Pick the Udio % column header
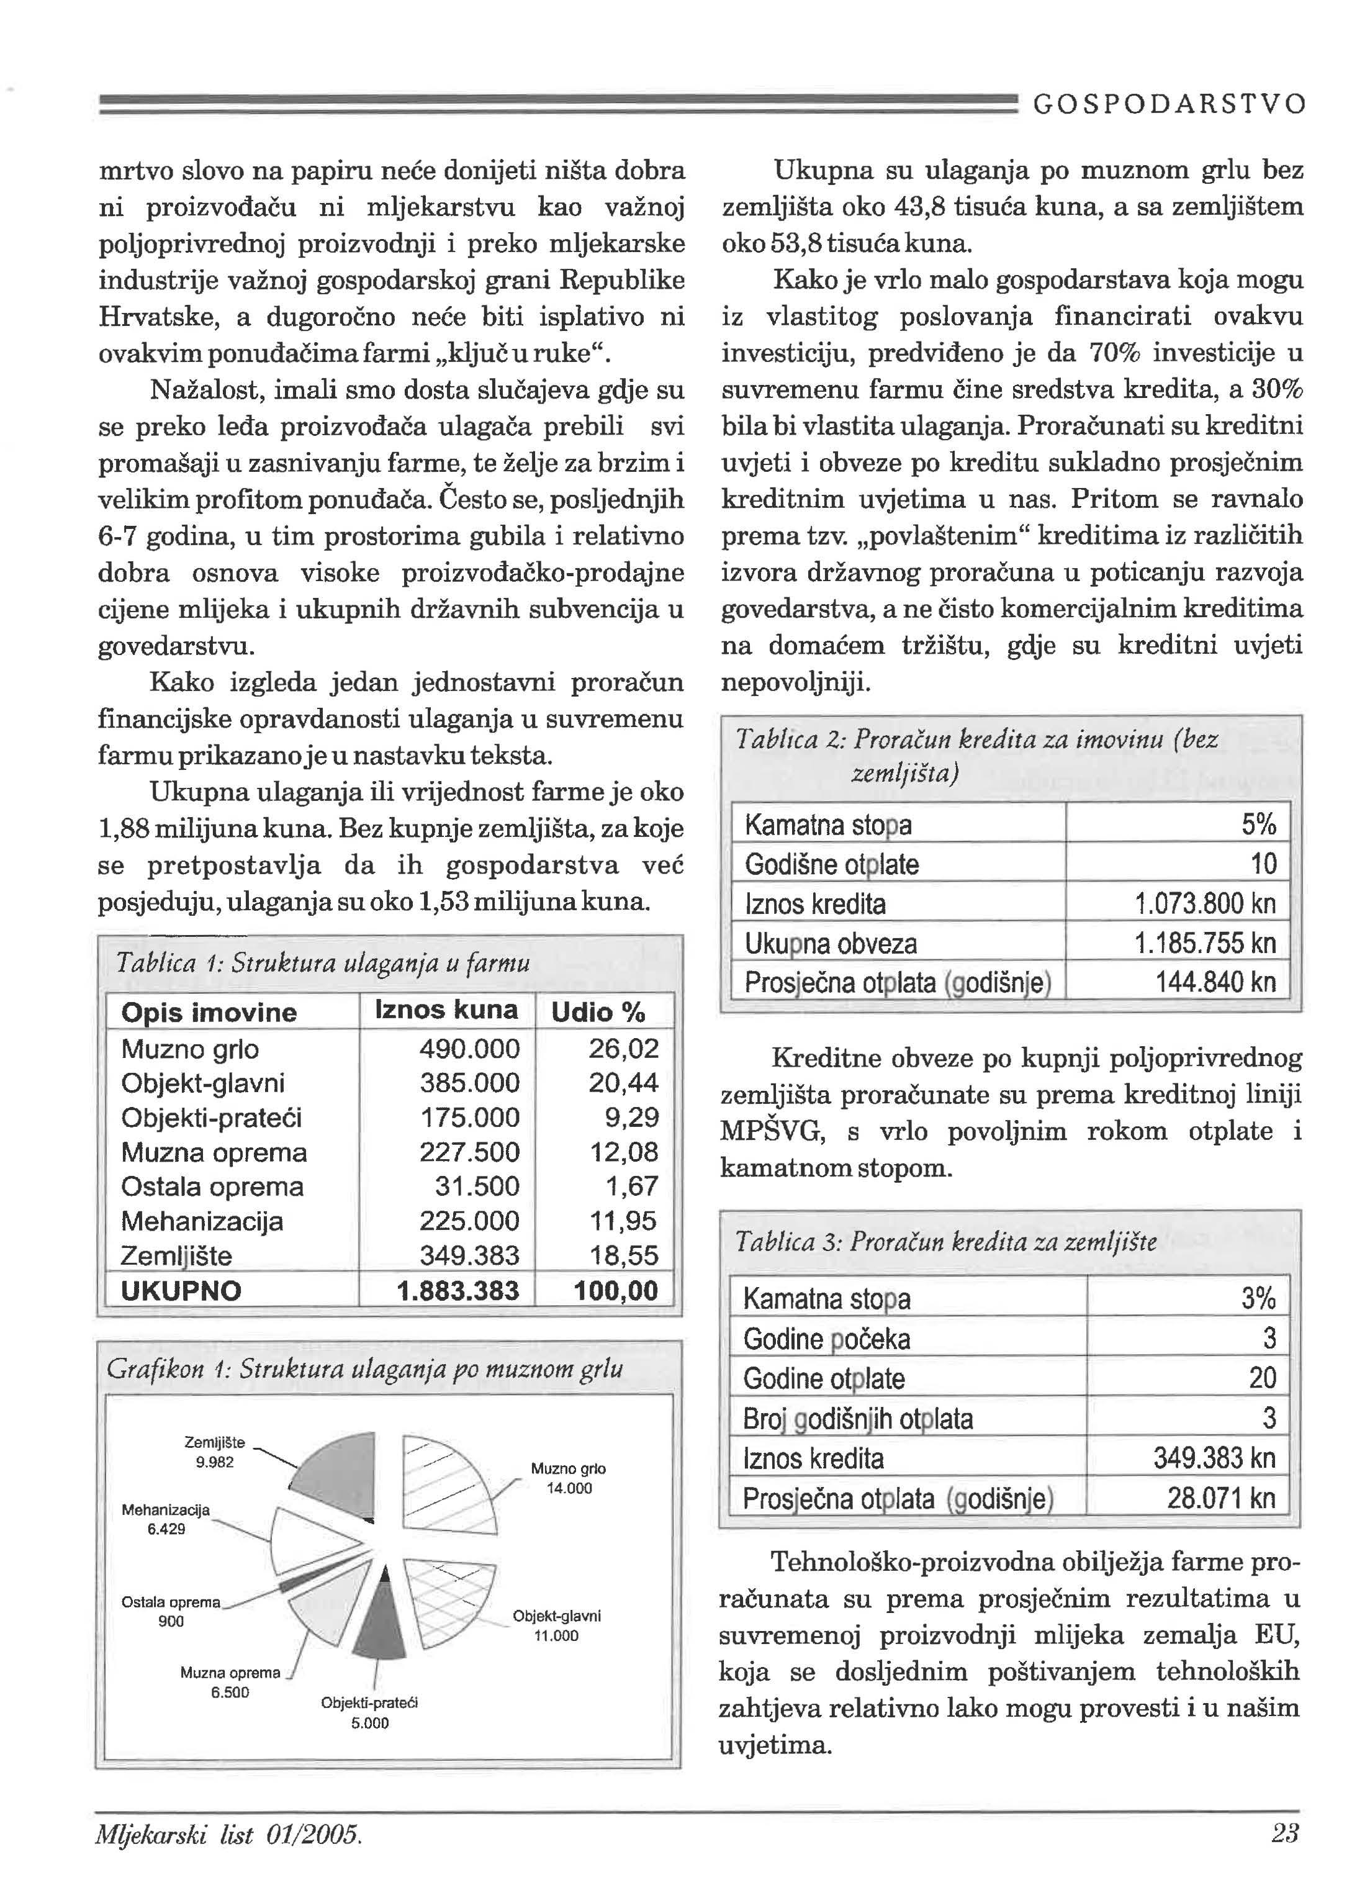click(598, 1012)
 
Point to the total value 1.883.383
click(458, 1290)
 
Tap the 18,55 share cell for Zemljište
click(624, 1255)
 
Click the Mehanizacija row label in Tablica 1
click(202, 1221)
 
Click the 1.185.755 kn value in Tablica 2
click(1205, 943)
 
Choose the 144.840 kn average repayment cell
click(1215, 982)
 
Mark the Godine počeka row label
click(827, 1339)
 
